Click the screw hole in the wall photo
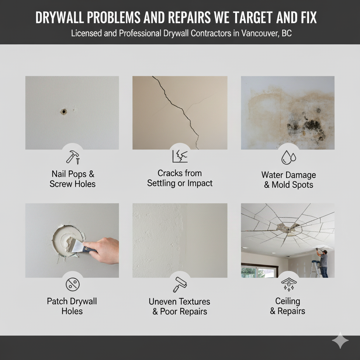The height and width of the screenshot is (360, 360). (64, 112)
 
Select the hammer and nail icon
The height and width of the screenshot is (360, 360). (73, 157)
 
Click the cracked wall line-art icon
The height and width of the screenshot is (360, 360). (180, 156)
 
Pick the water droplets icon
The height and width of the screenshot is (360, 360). (289, 157)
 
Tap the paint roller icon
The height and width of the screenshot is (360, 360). (180, 284)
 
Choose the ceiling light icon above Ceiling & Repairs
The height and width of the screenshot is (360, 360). (289, 284)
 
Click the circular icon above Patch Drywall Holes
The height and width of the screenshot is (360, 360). (72, 284)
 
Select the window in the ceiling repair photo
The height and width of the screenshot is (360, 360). (259, 271)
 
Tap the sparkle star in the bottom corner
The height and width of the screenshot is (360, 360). (340, 340)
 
